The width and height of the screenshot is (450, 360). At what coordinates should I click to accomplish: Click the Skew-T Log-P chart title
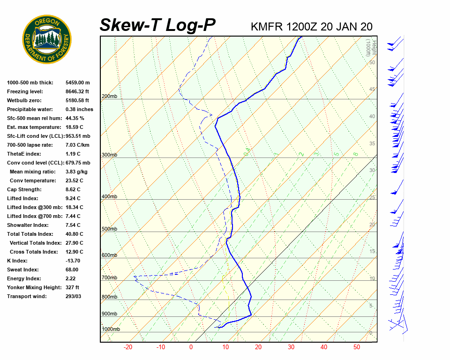tap(157, 25)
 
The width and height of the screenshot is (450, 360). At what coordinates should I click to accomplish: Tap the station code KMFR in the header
tap(267, 27)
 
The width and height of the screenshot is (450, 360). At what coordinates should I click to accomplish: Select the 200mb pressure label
tap(109, 97)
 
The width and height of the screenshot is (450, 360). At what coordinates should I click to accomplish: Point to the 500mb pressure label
tap(109, 229)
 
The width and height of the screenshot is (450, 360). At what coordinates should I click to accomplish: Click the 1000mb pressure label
tap(111, 330)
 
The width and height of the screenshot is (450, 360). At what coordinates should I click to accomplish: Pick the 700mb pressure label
tap(109, 278)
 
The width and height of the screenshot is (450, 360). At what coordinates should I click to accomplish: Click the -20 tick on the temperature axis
tap(128, 347)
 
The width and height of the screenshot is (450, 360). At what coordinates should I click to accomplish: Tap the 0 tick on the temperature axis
tap(191, 347)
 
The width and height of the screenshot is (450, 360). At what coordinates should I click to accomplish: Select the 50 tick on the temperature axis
tap(357, 347)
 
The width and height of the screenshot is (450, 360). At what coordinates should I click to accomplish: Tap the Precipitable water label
tap(30, 109)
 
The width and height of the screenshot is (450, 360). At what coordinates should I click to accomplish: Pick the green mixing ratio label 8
tap(356, 154)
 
